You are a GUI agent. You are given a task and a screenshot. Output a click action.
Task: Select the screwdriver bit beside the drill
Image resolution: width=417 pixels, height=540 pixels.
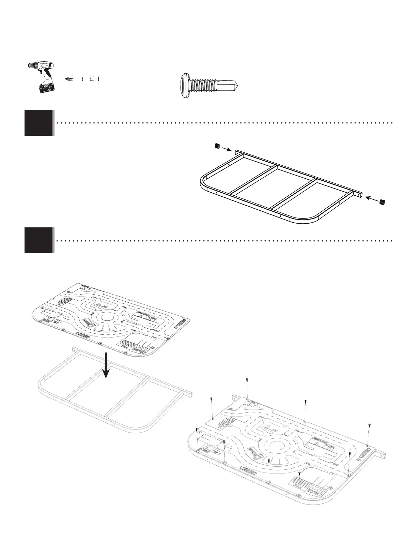(x=82, y=79)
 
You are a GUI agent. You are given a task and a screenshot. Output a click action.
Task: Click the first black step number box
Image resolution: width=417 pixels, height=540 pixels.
(x=39, y=123)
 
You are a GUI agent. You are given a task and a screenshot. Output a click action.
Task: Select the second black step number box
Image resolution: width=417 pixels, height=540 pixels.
(x=39, y=240)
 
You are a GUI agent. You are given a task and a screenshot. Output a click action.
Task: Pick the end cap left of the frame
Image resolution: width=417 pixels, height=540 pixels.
(x=216, y=146)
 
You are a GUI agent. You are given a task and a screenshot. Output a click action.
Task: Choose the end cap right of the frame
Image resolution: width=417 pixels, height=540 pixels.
(x=382, y=202)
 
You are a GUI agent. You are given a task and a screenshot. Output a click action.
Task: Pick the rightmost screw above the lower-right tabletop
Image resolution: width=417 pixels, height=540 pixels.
(x=369, y=424)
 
